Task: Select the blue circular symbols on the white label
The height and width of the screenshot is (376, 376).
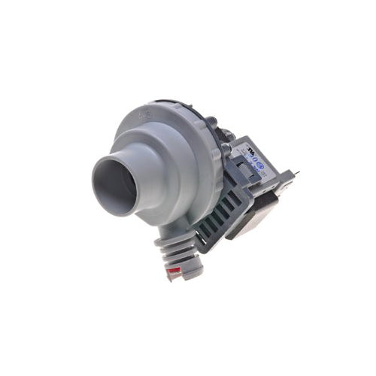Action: pyautogui.click(x=258, y=167)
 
